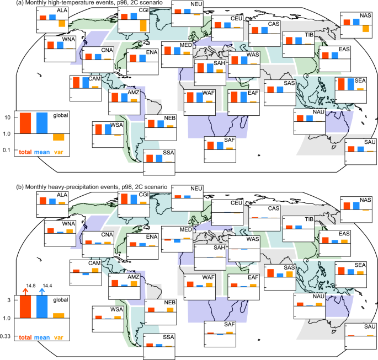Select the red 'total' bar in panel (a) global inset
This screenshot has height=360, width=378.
pos(25,122)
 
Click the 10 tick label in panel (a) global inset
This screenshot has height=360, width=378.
pos(8,117)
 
